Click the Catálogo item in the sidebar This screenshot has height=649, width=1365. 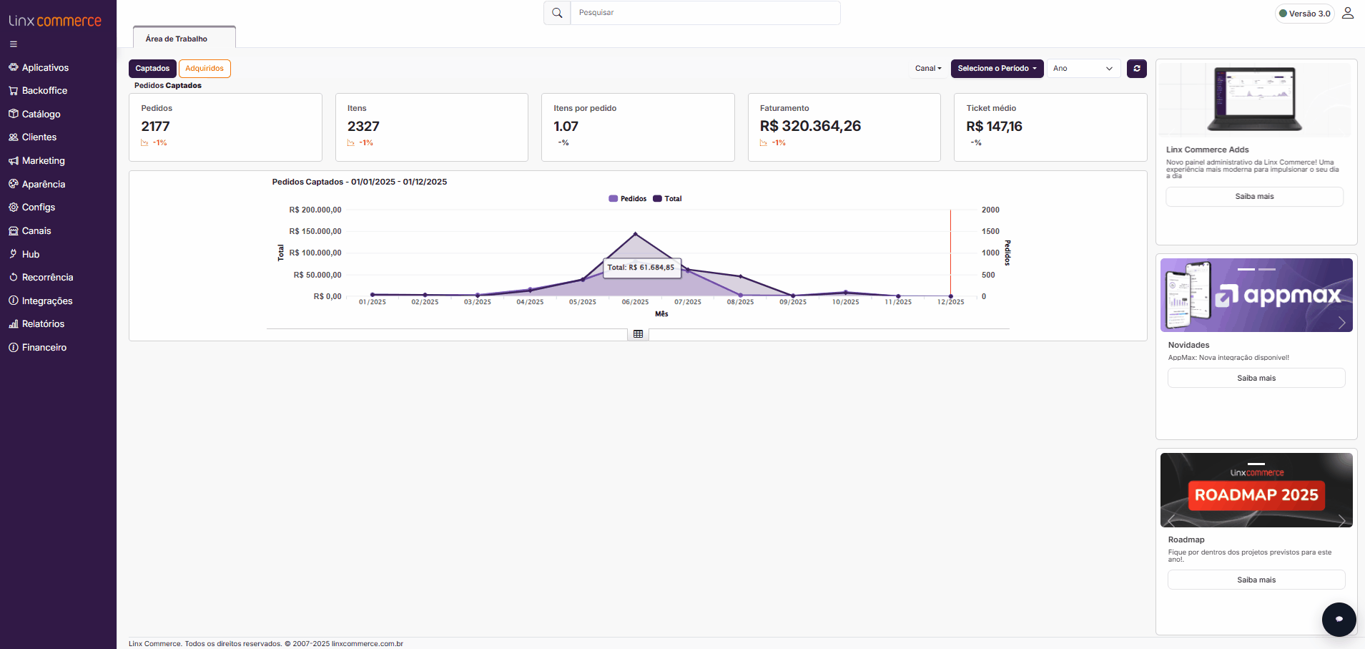pos(41,114)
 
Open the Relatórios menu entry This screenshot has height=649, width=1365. pos(43,323)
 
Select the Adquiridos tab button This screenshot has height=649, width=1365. pos(204,69)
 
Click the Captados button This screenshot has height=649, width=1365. pos(152,69)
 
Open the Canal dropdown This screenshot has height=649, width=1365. pos(928,69)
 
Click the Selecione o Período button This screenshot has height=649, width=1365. pos(997,69)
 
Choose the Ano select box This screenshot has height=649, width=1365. pos(1083,69)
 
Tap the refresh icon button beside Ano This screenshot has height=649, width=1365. pos(1136,69)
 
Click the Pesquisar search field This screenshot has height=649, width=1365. pos(704,13)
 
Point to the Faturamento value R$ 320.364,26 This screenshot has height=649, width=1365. pos(810,127)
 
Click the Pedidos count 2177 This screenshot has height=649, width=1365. pos(155,127)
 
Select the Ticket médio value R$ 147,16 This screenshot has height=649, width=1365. pos(994,127)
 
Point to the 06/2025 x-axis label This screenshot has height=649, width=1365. pos(635,302)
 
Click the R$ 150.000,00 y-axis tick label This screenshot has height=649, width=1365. pos(315,231)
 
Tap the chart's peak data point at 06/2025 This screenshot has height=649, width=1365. pos(635,234)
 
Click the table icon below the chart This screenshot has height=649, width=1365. pos(638,334)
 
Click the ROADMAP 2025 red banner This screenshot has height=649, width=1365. pos(1256,495)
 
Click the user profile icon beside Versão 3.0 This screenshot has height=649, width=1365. pos(1347,13)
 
